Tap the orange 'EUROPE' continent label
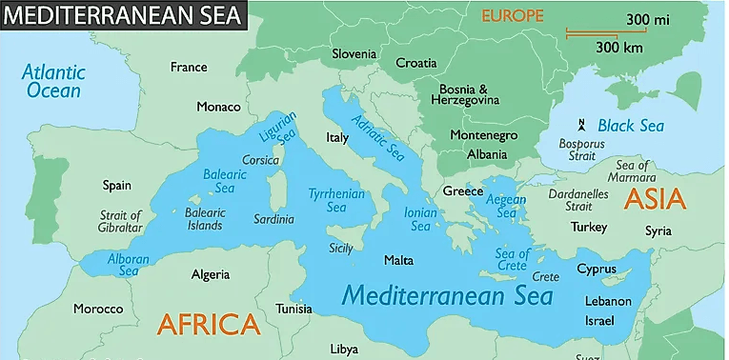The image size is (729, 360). click(x=512, y=15)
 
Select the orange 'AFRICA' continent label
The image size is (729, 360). click(x=209, y=325)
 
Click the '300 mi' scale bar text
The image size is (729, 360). click(x=647, y=20)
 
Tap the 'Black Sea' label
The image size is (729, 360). click(x=630, y=126)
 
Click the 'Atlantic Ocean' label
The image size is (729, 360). click(x=53, y=82)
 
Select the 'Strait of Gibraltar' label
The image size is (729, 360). click(x=121, y=222)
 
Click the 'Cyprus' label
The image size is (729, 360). click(x=597, y=269)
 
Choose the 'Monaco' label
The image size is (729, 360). click(x=218, y=107)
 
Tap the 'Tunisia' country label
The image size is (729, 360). click(x=294, y=310)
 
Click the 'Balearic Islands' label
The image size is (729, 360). click(x=206, y=218)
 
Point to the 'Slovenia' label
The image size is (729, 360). click(x=354, y=53)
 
